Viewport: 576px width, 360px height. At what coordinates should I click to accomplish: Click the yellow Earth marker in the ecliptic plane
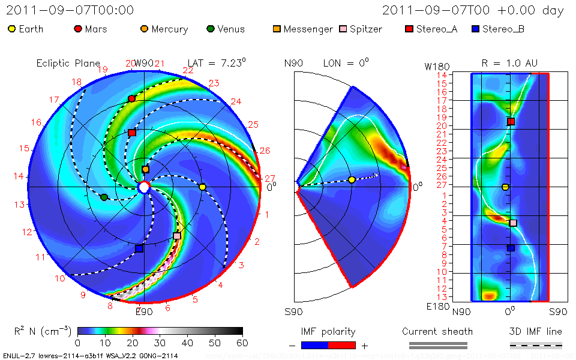pos(202,187)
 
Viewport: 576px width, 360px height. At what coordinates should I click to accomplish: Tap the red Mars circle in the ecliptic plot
pos(132,98)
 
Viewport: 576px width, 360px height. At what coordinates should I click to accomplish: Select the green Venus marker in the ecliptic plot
pos(104,197)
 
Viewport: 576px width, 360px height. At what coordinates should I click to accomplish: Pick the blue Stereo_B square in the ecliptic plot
pos(139,248)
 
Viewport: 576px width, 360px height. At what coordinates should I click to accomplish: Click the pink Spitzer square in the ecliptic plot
pos(176,236)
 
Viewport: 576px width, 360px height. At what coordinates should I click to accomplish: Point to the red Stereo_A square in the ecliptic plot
pos(132,133)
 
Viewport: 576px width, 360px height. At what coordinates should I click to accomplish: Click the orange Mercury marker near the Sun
pos(145,170)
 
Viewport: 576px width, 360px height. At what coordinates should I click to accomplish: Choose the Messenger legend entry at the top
pos(302,29)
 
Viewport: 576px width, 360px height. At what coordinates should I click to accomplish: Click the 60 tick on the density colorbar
pos(242,343)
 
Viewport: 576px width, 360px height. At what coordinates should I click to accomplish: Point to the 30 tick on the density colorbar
pos(160,343)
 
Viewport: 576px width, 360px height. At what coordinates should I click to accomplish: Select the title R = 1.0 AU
pos(509,62)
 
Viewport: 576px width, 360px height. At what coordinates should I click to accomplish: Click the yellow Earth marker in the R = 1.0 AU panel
pos(505,187)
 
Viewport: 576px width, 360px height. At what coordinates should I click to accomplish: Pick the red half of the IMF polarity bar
pos(342,345)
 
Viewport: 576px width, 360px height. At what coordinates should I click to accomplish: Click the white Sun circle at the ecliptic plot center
pos(144,188)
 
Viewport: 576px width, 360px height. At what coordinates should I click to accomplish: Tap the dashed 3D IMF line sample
pos(536,345)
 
